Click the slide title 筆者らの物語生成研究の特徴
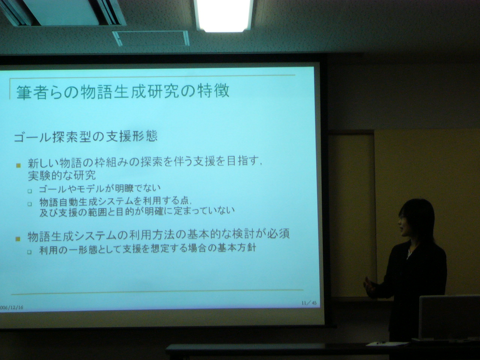[123, 92]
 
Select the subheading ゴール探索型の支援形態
[85, 137]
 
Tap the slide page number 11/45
[309, 303]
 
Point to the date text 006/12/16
[12, 307]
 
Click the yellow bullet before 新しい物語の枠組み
[18, 165]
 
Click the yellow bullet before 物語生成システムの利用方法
[18, 239]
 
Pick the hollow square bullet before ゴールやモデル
[30, 191]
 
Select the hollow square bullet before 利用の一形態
[29, 252]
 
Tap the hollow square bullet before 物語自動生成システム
[30, 204]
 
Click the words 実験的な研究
[62, 175]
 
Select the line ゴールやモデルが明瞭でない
[100, 188]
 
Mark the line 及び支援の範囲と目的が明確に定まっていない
[137, 211]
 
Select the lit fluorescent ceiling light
[224, 16]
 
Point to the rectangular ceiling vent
[151, 38]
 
